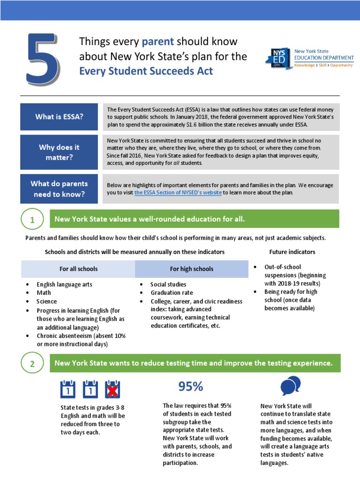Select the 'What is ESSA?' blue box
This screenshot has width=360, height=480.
59,117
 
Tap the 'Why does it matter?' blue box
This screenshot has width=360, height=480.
59,152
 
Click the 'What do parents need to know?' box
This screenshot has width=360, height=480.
59,188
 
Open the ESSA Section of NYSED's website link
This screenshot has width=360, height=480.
178,193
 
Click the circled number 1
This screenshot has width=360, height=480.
32,220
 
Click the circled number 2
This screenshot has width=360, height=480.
32,364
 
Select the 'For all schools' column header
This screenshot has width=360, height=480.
78,269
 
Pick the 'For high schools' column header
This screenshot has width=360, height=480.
191,269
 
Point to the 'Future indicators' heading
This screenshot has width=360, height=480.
292,252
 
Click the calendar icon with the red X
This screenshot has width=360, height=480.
112,389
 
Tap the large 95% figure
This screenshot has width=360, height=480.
190,387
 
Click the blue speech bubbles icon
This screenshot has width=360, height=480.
290,386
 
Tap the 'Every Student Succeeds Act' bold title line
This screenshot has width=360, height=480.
146,71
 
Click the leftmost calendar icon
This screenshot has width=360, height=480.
68,389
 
